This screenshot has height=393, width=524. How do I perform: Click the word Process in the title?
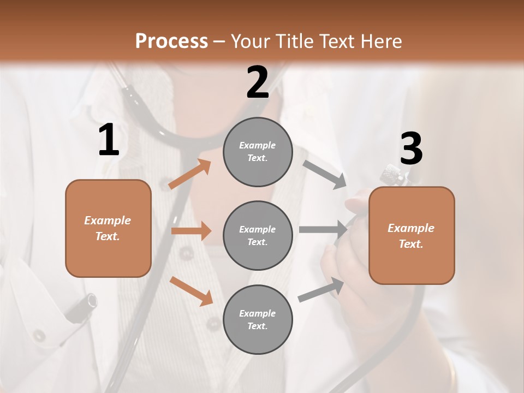[x=171, y=41]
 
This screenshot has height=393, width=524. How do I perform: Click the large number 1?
[x=109, y=140]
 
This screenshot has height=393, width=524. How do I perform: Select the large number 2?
[x=258, y=82]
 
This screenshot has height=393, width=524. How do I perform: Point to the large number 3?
[x=411, y=149]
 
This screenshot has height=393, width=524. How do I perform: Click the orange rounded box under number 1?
[x=108, y=228]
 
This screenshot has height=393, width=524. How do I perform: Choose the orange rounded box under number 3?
[x=412, y=236]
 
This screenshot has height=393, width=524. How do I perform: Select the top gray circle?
[x=258, y=152]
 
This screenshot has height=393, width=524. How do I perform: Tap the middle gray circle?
[x=258, y=236]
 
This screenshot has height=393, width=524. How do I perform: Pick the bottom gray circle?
[x=258, y=320]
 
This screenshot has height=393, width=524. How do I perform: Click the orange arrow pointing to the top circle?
[x=190, y=174]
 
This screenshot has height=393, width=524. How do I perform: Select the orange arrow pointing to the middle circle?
[x=191, y=231]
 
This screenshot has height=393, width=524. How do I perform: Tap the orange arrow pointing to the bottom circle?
[x=192, y=291]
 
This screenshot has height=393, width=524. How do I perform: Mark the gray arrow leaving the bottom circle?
[x=321, y=290]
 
